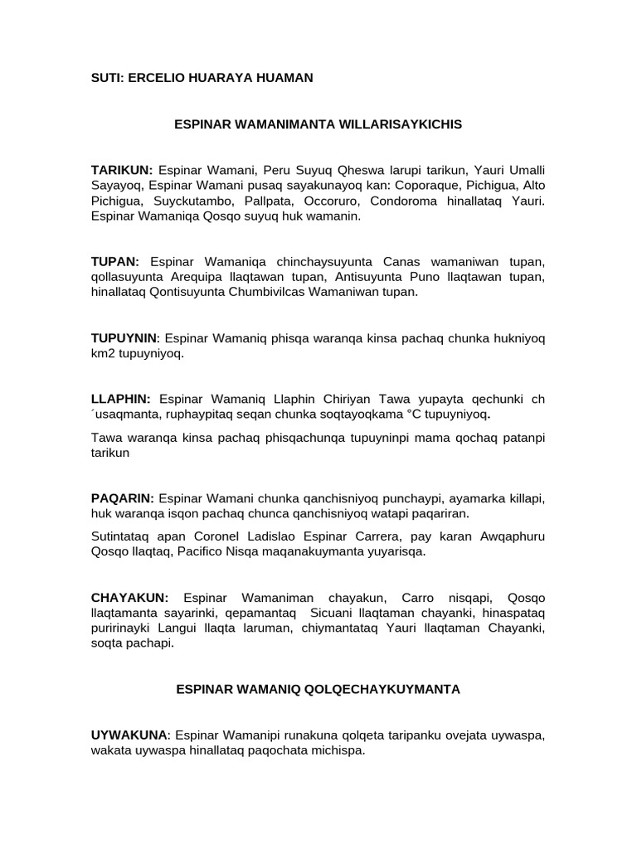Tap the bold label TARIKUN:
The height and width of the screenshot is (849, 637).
point(122,170)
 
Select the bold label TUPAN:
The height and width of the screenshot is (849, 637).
point(114,261)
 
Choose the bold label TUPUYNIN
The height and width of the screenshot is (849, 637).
point(124,337)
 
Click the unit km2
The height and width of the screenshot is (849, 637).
point(102,353)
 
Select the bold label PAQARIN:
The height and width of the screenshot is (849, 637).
point(122,498)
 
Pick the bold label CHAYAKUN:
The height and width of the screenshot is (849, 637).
point(129,598)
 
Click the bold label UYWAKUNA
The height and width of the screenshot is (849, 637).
point(129,735)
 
